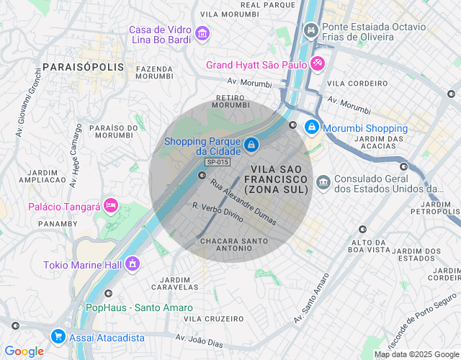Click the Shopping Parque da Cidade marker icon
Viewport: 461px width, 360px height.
click(250, 145)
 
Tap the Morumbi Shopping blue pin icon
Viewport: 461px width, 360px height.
click(311, 127)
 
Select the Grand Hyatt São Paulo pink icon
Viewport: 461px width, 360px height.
click(318, 64)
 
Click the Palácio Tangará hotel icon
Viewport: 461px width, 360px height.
click(110, 206)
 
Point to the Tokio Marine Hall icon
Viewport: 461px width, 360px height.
click(133, 264)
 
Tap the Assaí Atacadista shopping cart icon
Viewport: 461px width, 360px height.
click(58, 337)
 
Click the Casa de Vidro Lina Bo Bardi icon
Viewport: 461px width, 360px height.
click(202, 33)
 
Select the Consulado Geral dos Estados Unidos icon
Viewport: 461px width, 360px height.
click(323, 179)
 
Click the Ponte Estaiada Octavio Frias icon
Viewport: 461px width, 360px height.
click(311, 30)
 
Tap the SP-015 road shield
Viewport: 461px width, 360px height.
click(218, 163)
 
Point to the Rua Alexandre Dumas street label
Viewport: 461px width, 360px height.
click(243, 202)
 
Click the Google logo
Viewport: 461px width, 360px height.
click(24, 351)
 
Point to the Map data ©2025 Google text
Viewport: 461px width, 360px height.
click(416, 354)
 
